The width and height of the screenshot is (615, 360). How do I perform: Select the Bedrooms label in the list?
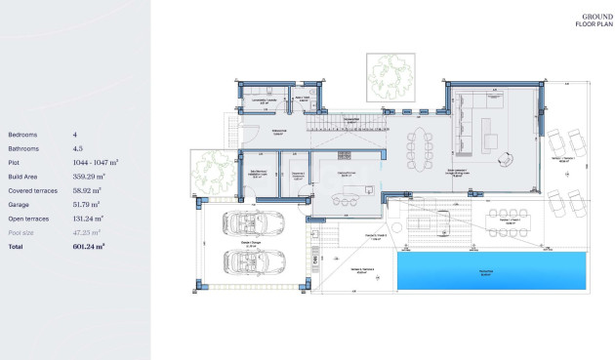coord(22,135)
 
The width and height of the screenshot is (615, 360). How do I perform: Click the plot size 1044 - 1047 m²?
coord(96,163)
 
